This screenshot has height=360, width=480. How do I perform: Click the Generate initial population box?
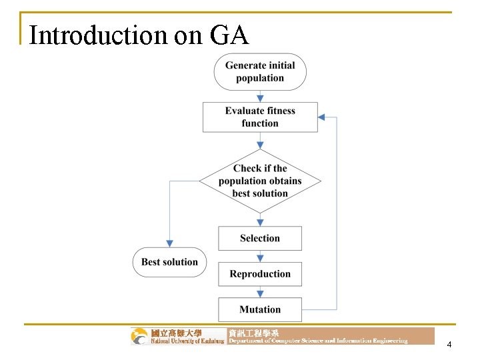click(x=260, y=72)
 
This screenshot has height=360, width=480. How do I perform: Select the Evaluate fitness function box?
click(x=260, y=117)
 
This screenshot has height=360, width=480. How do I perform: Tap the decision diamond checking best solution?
click(x=260, y=181)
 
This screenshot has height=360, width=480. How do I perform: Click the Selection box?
click(x=260, y=238)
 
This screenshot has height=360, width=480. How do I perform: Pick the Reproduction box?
click(x=260, y=274)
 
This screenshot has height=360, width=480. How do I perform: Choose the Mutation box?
click(x=260, y=309)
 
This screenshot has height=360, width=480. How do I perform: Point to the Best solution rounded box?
click(x=169, y=262)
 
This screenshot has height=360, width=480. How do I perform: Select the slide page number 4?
click(x=449, y=345)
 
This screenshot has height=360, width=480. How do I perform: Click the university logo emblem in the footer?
click(x=140, y=336)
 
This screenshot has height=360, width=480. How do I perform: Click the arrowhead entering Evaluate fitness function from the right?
click(x=321, y=117)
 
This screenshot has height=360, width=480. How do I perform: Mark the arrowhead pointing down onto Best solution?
click(x=169, y=243)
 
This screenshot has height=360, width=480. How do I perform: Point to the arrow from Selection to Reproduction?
click(x=260, y=256)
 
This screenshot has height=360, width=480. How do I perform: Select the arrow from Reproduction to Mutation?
click(x=260, y=291)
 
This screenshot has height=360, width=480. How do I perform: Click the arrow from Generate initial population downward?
click(x=260, y=96)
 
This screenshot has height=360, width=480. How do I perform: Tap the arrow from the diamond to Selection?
click(x=260, y=217)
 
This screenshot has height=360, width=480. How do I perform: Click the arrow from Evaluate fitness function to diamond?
click(x=260, y=143)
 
